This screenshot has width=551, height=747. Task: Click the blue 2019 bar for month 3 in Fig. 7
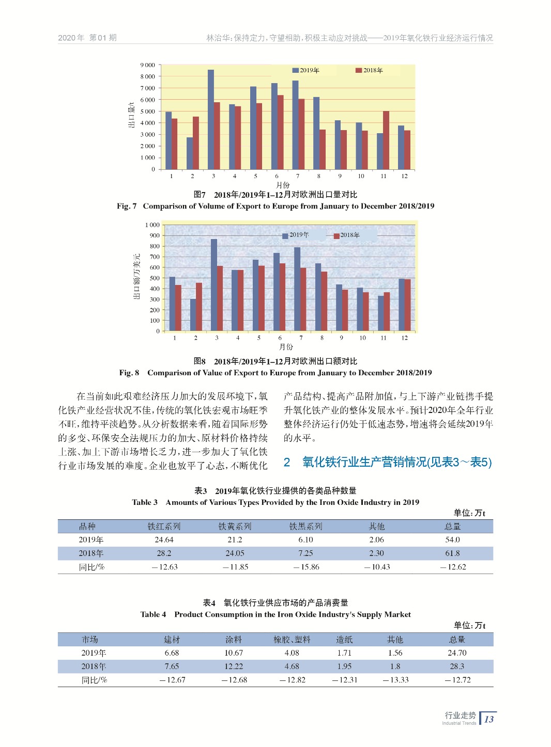coord(211,120)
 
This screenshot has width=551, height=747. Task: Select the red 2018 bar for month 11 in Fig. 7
coord(386,140)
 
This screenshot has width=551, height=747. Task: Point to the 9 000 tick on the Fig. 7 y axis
coord(148,65)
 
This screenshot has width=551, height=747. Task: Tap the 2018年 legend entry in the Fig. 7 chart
coord(369,70)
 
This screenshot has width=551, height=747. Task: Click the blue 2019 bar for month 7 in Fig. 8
coord(297,289)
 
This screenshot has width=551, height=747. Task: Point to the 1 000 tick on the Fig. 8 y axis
coord(152,225)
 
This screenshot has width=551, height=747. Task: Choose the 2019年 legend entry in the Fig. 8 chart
coord(295,235)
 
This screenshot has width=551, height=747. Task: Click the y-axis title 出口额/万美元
coord(137,276)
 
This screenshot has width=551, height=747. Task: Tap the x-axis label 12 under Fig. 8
coord(404,338)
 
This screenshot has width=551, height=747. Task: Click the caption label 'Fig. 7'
coord(127,206)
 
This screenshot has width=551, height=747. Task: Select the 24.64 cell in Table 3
coord(164,540)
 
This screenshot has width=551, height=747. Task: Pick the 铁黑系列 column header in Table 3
coord(305,527)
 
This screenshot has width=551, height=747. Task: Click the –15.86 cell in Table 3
coord(306,567)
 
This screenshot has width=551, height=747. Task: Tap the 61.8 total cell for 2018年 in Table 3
coord(452,553)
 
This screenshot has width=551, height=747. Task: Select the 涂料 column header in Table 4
coord(234,640)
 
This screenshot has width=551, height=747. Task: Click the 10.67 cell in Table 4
coord(234,653)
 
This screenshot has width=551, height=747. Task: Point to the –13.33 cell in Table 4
coord(395,680)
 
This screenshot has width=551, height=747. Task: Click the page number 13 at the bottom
coord(489,719)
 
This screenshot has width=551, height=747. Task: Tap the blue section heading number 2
coord(287,462)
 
